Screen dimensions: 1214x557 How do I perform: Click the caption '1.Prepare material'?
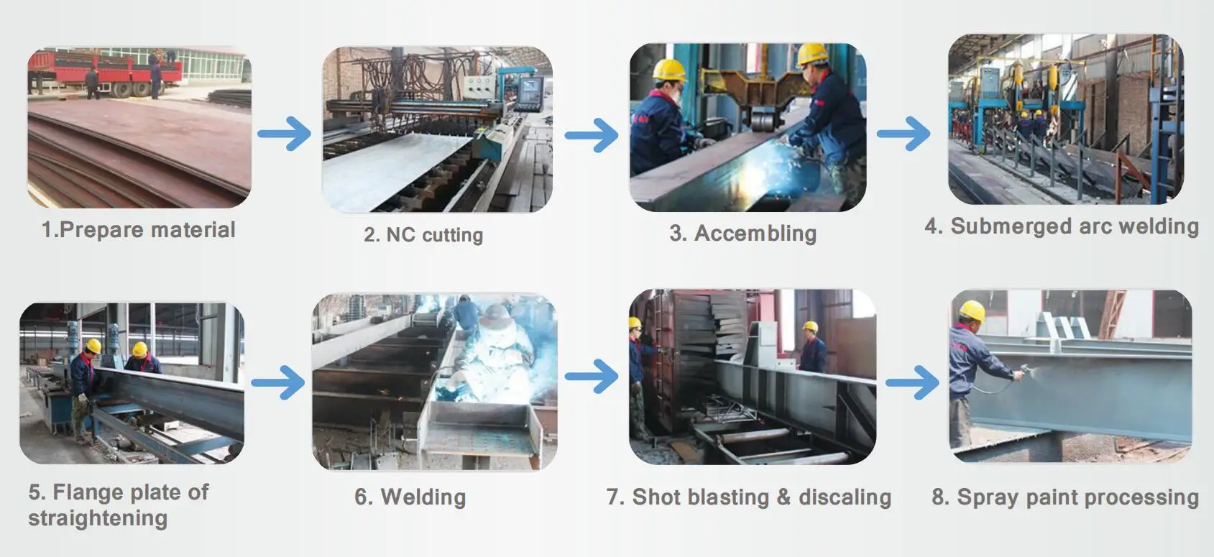pos(139,230)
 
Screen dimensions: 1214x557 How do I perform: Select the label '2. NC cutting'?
pos(423,235)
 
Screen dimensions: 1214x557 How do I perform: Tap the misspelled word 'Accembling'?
pos(755,234)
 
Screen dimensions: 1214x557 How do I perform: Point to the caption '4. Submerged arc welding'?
pos(1062,226)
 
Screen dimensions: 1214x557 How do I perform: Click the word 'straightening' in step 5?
pos(98,518)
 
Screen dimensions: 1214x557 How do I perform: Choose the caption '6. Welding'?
pos(410,497)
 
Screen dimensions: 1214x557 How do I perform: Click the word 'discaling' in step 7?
pos(845,497)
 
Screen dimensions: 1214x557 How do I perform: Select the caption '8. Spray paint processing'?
pos(1065,497)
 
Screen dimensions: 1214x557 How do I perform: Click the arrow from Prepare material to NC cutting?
pos(284,133)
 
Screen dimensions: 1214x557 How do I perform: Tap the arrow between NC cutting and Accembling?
pos(591,134)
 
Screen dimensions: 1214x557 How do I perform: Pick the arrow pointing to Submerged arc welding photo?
pos(903,133)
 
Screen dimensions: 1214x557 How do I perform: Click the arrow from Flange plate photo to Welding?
pos(278,382)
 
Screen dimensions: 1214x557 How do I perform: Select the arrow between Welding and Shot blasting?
pos(591,376)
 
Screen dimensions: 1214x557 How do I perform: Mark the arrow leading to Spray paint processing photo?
pos(912,382)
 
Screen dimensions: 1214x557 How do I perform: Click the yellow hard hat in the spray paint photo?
pos(972,310)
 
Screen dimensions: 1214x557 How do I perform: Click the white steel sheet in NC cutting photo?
pos(395,165)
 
